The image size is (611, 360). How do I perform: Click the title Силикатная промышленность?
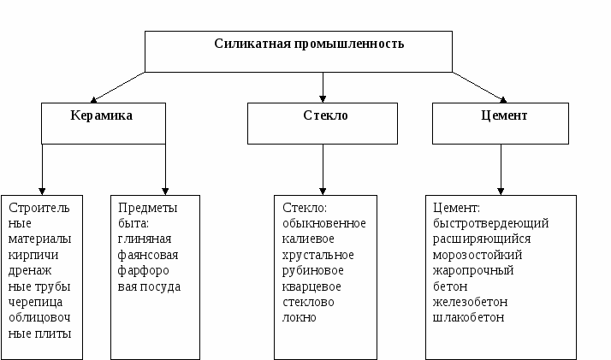coord(309,43)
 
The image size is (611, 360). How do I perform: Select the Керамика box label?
coord(101,114)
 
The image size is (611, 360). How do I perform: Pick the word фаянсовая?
coord(148,255)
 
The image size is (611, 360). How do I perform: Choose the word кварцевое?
coord(311,286)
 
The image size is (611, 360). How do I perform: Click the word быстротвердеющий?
coord(491,223)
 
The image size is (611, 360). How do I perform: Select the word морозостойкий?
coord(478,255)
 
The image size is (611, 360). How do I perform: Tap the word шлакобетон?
coord(469,317)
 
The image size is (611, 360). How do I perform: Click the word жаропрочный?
coord(473,270)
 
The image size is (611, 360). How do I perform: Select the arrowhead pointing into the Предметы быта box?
coord(165,189)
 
